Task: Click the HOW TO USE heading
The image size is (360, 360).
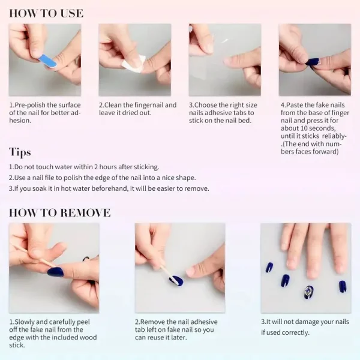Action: click(46, 13)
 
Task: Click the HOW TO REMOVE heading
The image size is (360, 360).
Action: click(60, 212)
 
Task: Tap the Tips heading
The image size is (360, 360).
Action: click(20, 152)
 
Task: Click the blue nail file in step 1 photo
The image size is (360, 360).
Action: click(48, 60)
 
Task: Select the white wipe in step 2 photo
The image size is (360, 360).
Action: click(133, 62)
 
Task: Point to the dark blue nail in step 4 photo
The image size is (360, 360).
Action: click(312, 62)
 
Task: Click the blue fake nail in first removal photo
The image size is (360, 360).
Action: click(56, 272)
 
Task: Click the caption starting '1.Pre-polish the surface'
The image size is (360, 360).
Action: click(45, 112)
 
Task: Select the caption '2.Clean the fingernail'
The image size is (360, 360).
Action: click(137, 109)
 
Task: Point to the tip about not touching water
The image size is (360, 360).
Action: click(84, 167)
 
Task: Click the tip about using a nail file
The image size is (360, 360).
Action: click(102, 178)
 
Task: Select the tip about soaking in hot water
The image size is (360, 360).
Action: click(109, 188)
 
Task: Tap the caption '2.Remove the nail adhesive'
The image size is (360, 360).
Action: click(175, 329)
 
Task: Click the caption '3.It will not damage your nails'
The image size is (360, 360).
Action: click(305, 327)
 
